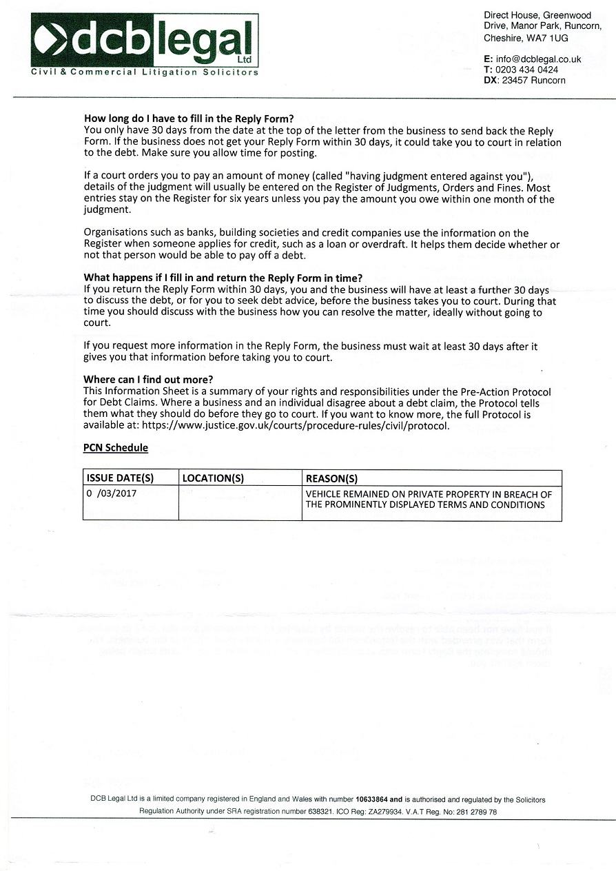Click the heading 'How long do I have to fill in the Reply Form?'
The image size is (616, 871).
194,119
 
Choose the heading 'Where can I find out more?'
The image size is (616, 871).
148,380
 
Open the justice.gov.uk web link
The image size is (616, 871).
296,425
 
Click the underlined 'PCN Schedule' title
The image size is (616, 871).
116,448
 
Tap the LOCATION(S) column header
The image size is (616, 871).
213,478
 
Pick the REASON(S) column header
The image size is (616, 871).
331,478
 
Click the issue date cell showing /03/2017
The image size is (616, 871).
112,494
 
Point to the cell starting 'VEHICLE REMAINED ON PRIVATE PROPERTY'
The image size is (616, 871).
429,500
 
